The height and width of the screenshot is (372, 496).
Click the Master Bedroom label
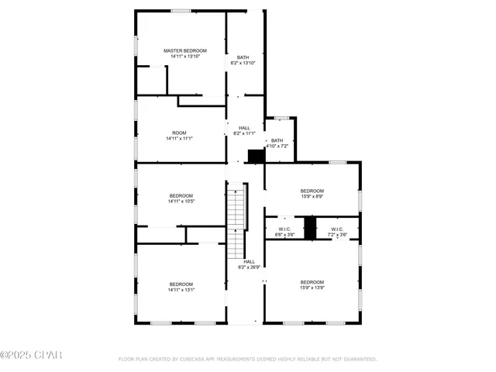[x=181, y=51]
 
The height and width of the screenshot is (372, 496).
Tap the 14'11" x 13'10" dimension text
[x=181, y=57]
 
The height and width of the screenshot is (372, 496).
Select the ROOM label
[x=180, y=133]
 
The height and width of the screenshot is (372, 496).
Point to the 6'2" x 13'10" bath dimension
[x=243, y=63]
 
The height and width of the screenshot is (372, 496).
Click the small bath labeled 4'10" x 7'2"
[x=277, y=141]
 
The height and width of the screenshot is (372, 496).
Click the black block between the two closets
[x=311, y=228]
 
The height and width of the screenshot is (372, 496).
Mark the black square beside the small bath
[x=256, y=156]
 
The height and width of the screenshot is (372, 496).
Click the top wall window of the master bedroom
[x=181, y=11]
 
